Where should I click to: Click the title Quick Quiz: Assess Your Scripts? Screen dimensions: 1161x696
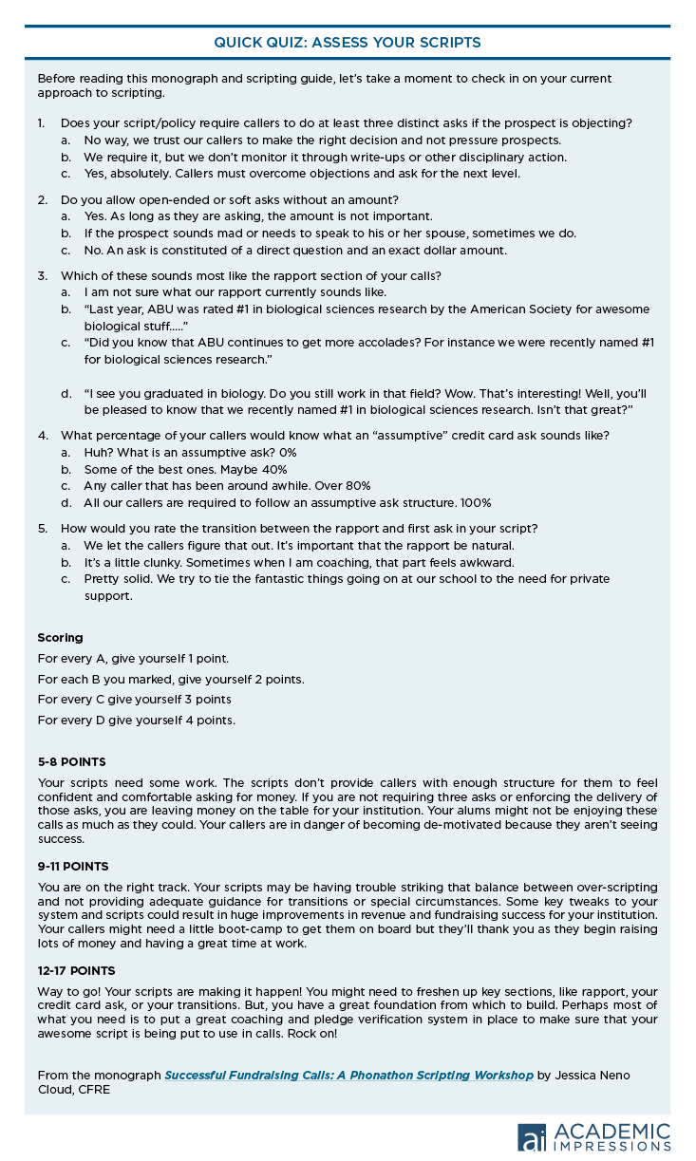pos(347,42)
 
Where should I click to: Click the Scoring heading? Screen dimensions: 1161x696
pos(60,637)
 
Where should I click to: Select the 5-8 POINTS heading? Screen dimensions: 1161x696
pos(72,761)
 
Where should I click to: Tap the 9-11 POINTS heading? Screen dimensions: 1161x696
pos(73,866)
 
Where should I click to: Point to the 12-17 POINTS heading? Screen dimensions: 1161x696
pos(76,970)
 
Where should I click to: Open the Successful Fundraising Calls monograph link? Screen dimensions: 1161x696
pos(348,1075)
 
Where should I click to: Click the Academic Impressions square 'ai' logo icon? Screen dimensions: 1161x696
pos(532,1137)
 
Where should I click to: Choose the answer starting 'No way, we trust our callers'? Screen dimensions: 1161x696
pos(322,140)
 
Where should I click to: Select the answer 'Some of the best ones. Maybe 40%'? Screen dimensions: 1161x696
pos(185,469)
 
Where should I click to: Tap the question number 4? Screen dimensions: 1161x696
pos(42,435)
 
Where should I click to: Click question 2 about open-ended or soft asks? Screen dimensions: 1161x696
pos(229,199)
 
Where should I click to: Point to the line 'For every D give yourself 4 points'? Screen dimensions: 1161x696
pos(136,720)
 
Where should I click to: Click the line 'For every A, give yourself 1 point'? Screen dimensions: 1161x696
pos(133,658)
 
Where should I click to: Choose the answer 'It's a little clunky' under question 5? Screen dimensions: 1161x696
pos(299,562)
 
